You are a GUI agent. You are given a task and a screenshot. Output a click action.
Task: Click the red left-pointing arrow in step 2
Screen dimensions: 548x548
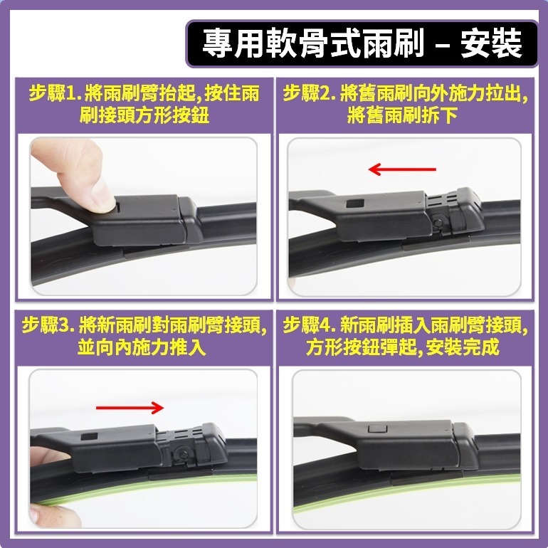(x=402, y=169)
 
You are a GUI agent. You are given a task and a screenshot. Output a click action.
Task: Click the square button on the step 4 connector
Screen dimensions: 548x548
(x=375, y=430)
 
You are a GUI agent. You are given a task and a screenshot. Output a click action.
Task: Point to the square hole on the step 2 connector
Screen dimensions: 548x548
(x=352, y=204)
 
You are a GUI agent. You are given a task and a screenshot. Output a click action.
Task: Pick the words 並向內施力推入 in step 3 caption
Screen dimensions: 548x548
(x=142, y=348)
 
